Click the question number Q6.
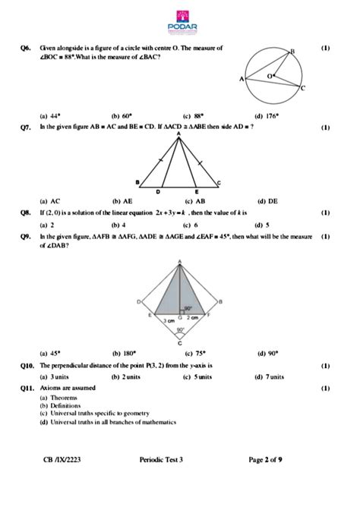(27, 48)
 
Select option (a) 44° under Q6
(51, 116)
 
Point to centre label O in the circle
(268, 77)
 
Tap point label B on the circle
(292, 52)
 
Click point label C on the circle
(302, 89)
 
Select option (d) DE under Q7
(267, 201)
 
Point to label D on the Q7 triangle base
(158, 191)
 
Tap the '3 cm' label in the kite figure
(172, 322)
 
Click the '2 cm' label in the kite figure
(193, 317)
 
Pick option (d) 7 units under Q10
(270, 376)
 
